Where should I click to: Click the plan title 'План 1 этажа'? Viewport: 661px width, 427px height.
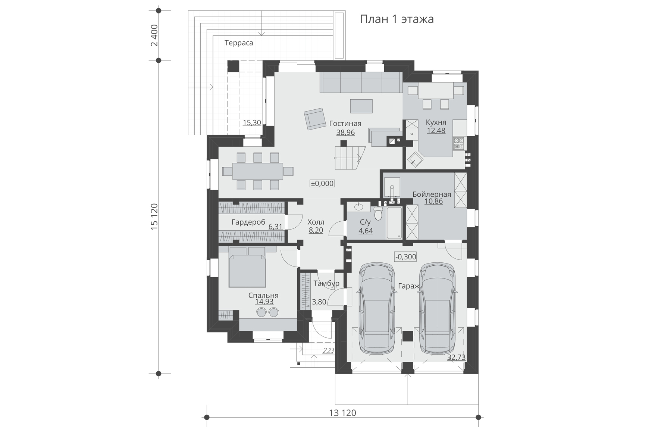click(x=397, y=19)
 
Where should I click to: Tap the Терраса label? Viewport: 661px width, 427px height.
click(x=239, y=43)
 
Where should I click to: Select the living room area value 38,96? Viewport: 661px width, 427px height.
click(x=345, y=132)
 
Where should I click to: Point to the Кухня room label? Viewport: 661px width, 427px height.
click(x=436, y=122)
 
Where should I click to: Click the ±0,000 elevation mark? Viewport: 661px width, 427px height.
click(x=322, y=183)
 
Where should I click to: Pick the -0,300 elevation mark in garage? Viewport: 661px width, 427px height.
click(x=406, y=256)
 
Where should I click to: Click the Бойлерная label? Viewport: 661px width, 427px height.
click(x=432, y=194)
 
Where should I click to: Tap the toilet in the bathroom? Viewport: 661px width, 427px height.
click(x=378, y=213)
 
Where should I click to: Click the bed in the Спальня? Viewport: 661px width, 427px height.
click(x=247, y=267)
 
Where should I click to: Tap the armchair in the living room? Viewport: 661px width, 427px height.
click(x=314, y=119)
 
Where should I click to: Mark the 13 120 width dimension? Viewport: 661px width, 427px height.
click(x=342, y=413)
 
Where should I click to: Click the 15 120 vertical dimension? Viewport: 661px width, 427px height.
click(x=154, y=216)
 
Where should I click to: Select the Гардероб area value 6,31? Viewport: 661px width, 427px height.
click(x=275, y=226)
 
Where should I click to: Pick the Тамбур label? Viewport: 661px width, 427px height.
click(x=326, y=283)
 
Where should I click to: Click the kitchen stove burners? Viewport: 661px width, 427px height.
click(x=458, y=143)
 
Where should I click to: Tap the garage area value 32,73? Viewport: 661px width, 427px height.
click(x=456, y=357)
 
